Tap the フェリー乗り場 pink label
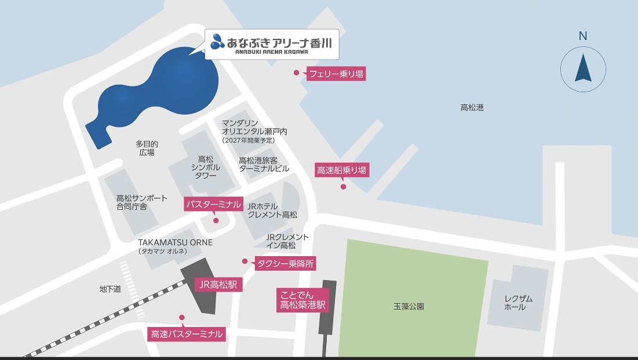coord(336,74)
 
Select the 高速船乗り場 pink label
coord(342,170)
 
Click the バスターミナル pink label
coord(213,204)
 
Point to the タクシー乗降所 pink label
coord(285,264)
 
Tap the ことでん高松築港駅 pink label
coord(302,299)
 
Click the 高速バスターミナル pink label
coord(187,334)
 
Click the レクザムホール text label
coord(518,303)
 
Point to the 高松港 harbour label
coord(472,107)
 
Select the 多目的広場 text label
coord(147,148)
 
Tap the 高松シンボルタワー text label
coord(206,167)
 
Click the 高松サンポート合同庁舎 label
coord(141,202)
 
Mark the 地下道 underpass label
coord(110,289)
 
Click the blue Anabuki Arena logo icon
coord(217,41)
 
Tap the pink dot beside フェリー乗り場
coord(296,73)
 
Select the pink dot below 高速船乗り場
coord(343,187)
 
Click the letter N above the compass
coord(582,36)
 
